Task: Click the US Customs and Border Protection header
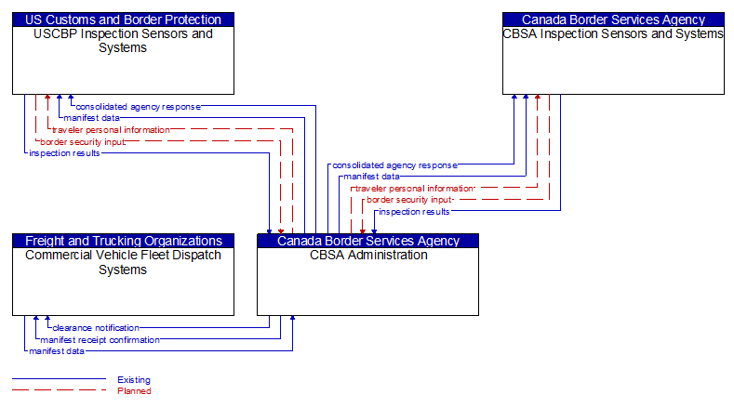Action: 123,20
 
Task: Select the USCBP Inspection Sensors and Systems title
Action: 123,40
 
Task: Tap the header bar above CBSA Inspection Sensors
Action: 613,20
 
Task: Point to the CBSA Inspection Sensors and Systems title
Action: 613,33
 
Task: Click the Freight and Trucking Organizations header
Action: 123,241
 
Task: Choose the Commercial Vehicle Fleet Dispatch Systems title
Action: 123,261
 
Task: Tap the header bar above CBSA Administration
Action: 367,241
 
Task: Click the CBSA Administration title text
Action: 367,255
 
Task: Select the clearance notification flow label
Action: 96,328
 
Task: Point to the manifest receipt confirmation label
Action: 100,340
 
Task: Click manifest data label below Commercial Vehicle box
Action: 57,351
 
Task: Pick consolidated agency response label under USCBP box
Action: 138,107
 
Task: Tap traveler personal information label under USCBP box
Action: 111,130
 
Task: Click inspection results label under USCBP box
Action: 64,153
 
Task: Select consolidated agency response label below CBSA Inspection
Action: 394,165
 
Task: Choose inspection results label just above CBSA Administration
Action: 414,212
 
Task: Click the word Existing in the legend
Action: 134,379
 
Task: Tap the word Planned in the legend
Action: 134,391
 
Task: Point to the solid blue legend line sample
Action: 58,379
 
